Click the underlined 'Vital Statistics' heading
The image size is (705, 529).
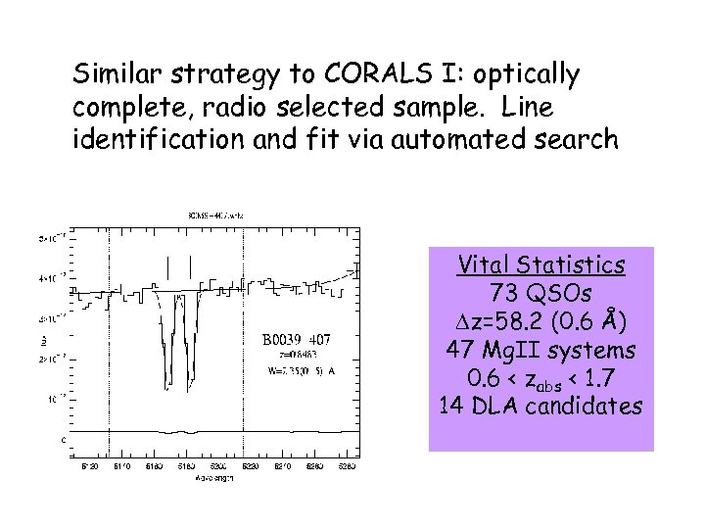coord(540,265)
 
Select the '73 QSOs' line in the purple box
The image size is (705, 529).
coord(540,293)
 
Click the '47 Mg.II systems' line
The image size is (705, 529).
coord(540,350)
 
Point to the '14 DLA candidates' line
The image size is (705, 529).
coord(540,406)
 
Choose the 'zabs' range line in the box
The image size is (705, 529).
coord(540,378)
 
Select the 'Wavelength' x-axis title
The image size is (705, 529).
coord(207,479)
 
